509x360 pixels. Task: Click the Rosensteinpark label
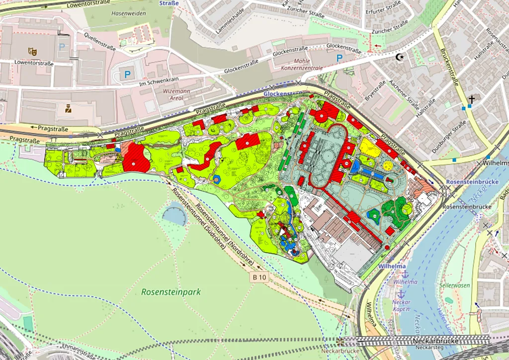point(171,292)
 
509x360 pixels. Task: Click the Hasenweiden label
point(129,13)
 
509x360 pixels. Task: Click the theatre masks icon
point(32,51)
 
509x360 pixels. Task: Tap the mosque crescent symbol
point(399,57)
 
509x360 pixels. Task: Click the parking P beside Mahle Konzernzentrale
point(339,58)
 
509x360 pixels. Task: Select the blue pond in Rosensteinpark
point(174,215)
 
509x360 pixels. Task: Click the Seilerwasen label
point(455,285)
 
